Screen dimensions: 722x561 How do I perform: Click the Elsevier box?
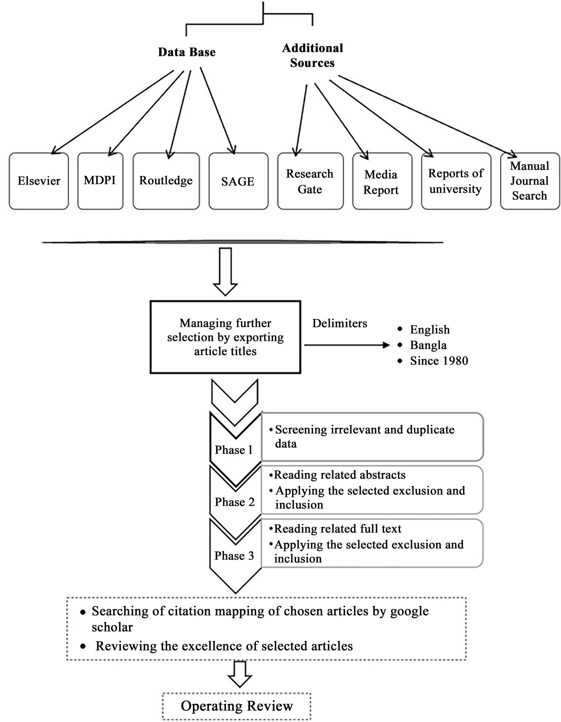tap(39, 181)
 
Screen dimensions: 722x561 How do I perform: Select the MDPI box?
tap(100, 181)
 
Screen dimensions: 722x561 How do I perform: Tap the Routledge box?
tap(166, 181)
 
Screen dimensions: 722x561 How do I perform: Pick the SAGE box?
tap(238, 181)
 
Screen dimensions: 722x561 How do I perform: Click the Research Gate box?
tap(310, 181)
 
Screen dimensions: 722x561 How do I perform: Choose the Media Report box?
tap(382, 181)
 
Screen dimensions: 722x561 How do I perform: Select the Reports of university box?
tap(456, 181)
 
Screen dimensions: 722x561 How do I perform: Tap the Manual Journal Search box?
tap(530, 181)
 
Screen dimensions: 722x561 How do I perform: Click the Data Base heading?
tap(187, 52)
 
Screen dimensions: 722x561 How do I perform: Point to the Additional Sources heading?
tap(312, 55)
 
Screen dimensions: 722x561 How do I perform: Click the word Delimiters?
tap(339, 323)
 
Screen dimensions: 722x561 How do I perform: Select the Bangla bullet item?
tap(428, 345)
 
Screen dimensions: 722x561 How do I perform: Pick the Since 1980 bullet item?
tap(439, 361)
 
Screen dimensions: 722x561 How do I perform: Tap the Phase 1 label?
tap(233, 450)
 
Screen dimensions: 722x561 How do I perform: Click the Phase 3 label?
tap(234, 556)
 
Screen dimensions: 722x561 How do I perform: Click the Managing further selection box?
tap(225, 337)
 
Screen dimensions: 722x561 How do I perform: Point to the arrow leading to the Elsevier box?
tap(112, 112)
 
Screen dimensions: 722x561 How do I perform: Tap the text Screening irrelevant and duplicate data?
tap(364, 436)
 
